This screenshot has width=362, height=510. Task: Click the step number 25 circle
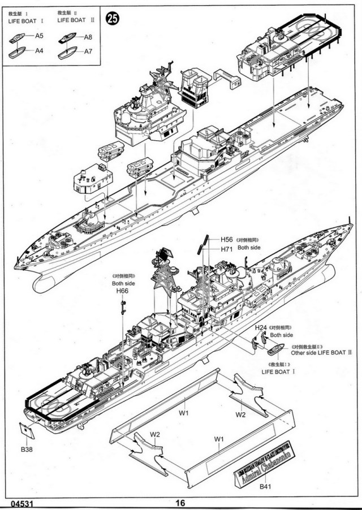(113, 19)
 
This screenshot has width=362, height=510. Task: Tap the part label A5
(39, 36)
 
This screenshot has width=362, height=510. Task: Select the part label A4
(39, 51)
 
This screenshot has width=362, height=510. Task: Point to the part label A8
(88, 37)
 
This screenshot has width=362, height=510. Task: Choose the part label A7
(88, 52)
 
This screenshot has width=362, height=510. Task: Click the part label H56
(227, 240)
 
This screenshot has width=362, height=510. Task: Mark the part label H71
(227, 249)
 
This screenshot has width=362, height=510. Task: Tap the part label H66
(122, 291)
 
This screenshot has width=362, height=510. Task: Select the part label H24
(261, 327)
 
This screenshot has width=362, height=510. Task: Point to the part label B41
(265, 486)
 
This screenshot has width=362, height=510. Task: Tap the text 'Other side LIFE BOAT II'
(321, 352)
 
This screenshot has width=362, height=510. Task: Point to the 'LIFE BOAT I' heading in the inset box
(25, 20)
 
